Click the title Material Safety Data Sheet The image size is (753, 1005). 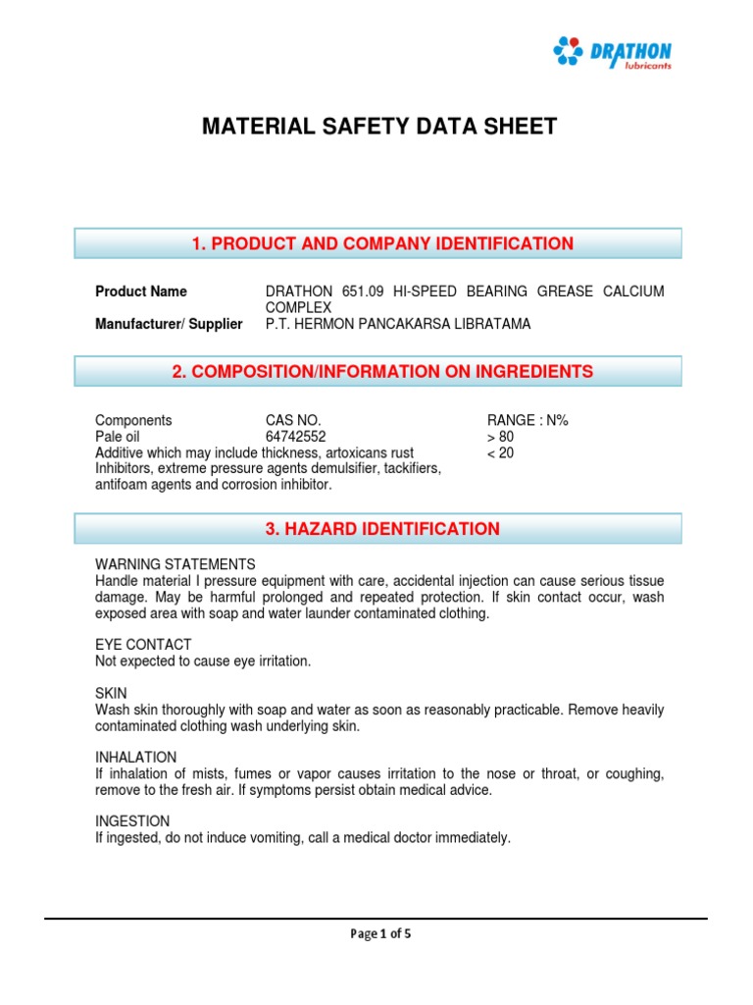[378, 127]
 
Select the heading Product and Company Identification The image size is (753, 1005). [378, 243]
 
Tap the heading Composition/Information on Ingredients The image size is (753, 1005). [378, 371]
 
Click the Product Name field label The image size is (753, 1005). [141, 291]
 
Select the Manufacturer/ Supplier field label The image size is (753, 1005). [169, 324]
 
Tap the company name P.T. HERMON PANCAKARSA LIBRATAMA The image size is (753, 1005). [398, 324]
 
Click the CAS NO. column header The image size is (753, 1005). [293, 420]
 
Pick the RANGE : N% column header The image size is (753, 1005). [527, 420]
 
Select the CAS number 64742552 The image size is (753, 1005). [296, 437]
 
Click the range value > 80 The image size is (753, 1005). [500, 437]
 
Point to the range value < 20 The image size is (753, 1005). [500, 453]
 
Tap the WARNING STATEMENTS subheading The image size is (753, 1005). [175, 564]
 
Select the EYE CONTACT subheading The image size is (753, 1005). [143, 645]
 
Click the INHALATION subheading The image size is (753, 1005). [135, 758]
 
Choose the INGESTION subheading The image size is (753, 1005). [132, 821]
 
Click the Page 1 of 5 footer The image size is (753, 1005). [380, 934]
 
